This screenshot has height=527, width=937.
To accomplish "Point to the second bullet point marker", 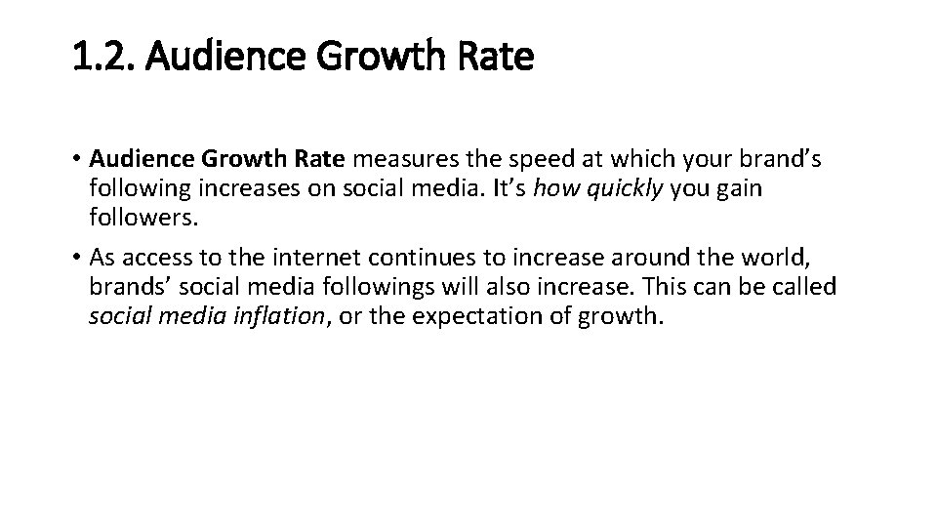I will point(77,259).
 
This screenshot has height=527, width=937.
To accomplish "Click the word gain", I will point(741,187).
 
